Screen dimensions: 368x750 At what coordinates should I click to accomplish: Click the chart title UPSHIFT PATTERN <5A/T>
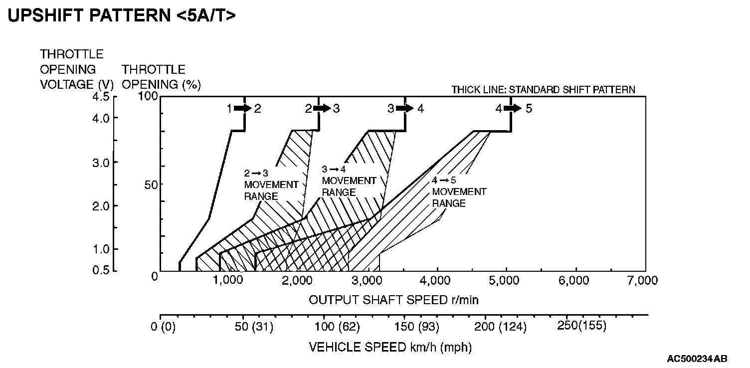[x=122, y=15]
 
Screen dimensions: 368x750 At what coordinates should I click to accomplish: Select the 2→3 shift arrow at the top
[x=323, y=108]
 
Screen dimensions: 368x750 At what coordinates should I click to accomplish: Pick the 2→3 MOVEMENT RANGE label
[x=271, y=184]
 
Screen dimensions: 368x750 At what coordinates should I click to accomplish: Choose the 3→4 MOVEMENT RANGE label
[x=349, y=181]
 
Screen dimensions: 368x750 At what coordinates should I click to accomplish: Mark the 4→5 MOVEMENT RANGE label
[x=459, y=192]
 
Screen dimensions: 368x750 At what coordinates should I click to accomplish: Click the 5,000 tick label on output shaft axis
[x=507, y=281]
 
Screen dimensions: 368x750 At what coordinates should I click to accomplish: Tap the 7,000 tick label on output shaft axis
[x=644, y=281]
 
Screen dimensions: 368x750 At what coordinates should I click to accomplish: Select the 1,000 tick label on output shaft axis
[x=228, y=281]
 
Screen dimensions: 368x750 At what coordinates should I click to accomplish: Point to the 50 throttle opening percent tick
[x=151, y=184]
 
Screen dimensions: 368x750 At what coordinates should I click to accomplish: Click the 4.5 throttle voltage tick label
[x=101, y=97]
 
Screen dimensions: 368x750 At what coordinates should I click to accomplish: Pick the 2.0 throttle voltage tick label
[x=101, y=205]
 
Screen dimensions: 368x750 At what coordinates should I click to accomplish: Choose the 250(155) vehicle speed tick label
[x=581, y=326]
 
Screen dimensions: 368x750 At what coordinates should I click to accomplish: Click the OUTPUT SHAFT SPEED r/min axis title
[x=394, y=300]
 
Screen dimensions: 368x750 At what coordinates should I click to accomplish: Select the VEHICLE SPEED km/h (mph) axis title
[x=390, y=347]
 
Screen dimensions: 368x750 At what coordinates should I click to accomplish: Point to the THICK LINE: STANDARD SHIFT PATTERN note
[x=543, y=90]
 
